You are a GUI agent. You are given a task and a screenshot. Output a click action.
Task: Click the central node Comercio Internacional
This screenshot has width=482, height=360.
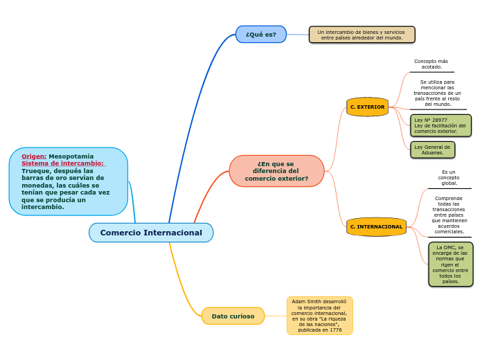pyautogui.click(x=151, y=233)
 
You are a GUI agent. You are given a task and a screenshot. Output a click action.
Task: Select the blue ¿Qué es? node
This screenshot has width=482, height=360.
pyautogui.click(x=261, y=35)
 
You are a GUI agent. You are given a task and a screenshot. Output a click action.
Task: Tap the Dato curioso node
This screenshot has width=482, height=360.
pyautogui.click(x=233, y=316)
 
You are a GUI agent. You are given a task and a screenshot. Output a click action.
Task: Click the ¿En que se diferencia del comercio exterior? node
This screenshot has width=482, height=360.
pyautogui.click(x=276, y=171)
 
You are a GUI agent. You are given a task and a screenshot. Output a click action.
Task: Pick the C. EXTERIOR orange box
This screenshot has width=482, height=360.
pyautogui.click(x=367, y=107)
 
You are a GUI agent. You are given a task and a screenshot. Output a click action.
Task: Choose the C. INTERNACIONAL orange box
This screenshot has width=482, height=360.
pyautogui.click(x=376, y=227)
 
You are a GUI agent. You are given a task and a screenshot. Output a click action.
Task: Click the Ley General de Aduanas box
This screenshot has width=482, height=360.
pyautogui.click(x=432, y=150)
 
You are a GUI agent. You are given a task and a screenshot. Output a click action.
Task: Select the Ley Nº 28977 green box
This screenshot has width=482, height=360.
pyautogui.click(x=440, y=125)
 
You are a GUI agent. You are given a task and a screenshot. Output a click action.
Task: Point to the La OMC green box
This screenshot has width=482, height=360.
pyautogui.click(x=450, y=264)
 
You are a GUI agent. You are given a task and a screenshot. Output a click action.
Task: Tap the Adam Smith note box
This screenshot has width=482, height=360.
pyautogui.click(x=319, y=316)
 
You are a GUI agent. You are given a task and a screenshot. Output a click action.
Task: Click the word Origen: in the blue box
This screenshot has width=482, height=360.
pyautogui.click(x=34, y=156)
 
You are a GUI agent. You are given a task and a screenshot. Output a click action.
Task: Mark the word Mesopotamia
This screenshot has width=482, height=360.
pyautogui.click(x=71, y=156)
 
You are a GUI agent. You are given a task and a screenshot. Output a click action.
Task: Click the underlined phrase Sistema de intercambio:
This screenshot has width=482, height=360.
pyautogui.click(x=62, y=163)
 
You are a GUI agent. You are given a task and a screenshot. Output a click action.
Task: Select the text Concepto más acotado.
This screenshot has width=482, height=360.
pyautogui.click(x=431, y=64)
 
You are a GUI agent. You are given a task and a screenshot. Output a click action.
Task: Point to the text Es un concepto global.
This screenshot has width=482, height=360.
pyautogui.click(x=449, y=177)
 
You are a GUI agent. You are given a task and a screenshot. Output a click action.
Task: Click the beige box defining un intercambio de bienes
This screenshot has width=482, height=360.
pyautogui.click(x=361, y=35)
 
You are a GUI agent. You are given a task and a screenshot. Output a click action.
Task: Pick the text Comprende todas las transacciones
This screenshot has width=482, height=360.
pyautogui.click(x=449, y=215)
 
